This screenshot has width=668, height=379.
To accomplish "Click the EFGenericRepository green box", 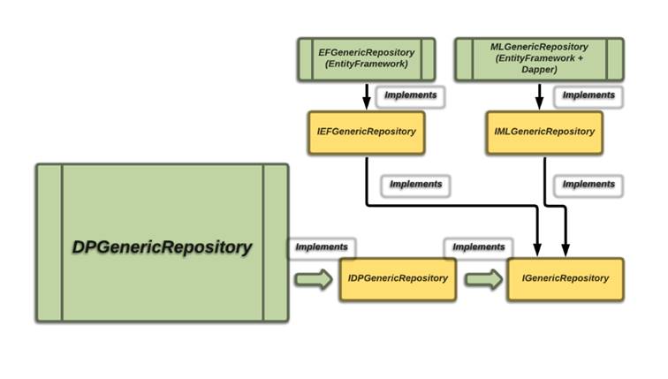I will click(x=366, y=58).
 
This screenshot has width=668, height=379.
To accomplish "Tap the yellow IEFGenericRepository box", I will click(x=366, y=132).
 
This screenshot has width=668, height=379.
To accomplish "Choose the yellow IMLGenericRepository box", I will click(x=543, y=132).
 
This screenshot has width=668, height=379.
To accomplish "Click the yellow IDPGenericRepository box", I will click(x=398, y=279).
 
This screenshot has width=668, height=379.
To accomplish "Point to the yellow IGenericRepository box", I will click(x=566, y=279).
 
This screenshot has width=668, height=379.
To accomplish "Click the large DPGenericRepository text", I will click(x=162, y=247).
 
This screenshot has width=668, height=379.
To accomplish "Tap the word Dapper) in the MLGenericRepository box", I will click(x=539, y=69).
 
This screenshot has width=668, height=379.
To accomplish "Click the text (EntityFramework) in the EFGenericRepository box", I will click(x=366, y=64).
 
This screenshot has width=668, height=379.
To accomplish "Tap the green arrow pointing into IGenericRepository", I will click(x=482, y=279).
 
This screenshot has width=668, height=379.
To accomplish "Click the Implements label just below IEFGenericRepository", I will click(x=414, y=186).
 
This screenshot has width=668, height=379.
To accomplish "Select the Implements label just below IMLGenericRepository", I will click(x=588, y=186).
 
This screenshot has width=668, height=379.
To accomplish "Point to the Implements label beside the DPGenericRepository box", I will click(x=322, y=248).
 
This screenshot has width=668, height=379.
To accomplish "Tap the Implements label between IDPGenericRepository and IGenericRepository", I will click(x=478, y=248).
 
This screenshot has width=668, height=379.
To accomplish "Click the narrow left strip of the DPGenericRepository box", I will click(x=49, y=242).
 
